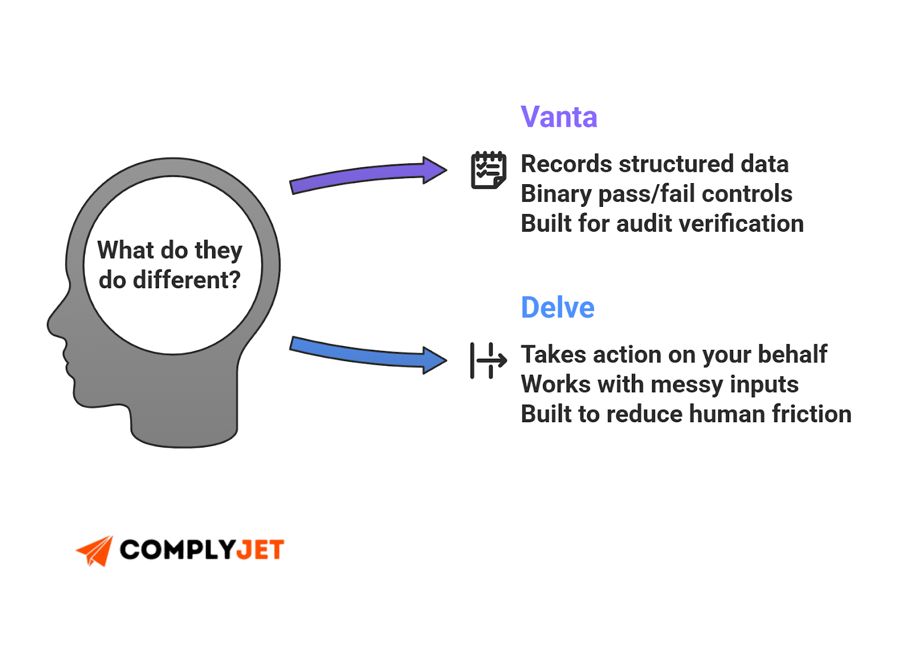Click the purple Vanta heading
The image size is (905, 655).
coord(558,117)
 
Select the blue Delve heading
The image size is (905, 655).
coord(557,307)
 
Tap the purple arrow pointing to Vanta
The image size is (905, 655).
coord(368,175)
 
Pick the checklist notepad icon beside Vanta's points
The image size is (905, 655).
coord(488,170)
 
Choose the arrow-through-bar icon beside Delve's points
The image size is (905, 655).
coord(488,360)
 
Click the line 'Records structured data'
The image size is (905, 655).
coord(654,164)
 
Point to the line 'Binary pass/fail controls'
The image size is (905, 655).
coord(656,194)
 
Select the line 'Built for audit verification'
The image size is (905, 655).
coord(662,224)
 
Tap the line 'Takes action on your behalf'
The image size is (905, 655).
coord(674,355)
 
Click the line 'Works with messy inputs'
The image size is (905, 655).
coord(660,384)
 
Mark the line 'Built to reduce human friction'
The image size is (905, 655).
coord(686,414)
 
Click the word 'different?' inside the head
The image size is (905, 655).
coord(187,280)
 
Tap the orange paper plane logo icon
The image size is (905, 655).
coord(95,550)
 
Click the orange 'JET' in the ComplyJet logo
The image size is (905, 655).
coord(260,550)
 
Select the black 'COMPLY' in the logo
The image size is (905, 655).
coord(178,550)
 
